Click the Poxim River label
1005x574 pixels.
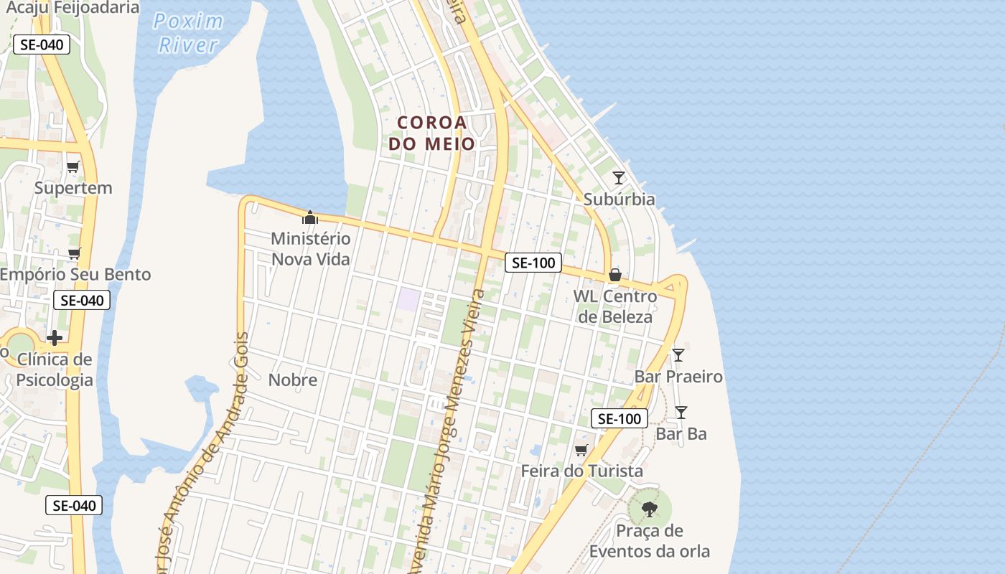[188, 33]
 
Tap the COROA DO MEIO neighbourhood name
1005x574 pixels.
[432, 133]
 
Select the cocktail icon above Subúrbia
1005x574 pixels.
[619, 177]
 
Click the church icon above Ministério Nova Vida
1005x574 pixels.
[310, 217]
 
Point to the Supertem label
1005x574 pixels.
[73, 188]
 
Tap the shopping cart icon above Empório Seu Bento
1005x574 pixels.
[74, 253]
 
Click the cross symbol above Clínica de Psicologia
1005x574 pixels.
[55, 337]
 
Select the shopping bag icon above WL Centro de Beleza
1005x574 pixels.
[614, 275]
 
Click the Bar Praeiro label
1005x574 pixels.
[678, 376]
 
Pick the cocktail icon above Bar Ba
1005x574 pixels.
[681, 412]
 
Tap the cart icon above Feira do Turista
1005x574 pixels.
[581, 450]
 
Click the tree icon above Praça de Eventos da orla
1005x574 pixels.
[650, 509]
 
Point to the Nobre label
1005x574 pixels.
[292, 380]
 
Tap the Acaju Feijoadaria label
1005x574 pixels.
[72, 8]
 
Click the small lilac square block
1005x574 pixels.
[408, 299]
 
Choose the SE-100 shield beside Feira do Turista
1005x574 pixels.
[619, 418]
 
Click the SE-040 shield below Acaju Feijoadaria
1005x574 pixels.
[42, 44]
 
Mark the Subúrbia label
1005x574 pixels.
[619, 199]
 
